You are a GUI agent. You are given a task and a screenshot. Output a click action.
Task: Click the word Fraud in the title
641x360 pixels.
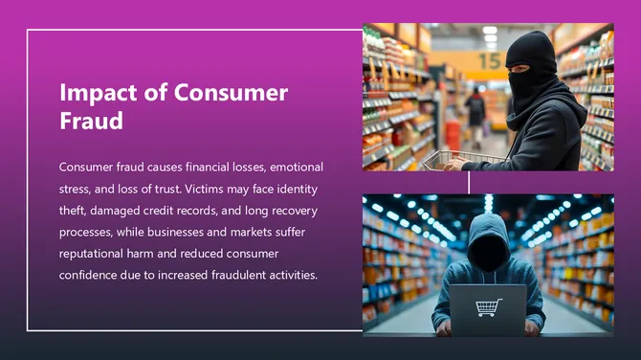[x=91, y=122]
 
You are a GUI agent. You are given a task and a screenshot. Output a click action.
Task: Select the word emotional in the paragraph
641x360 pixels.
[x=292, y=167]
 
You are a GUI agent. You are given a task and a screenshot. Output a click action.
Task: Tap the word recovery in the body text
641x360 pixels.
[x=295, y=211]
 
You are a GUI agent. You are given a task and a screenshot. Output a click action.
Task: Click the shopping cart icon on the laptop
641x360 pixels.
[x=488, y=308]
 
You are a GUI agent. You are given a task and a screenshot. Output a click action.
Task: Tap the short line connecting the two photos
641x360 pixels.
[x=469, y=183]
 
